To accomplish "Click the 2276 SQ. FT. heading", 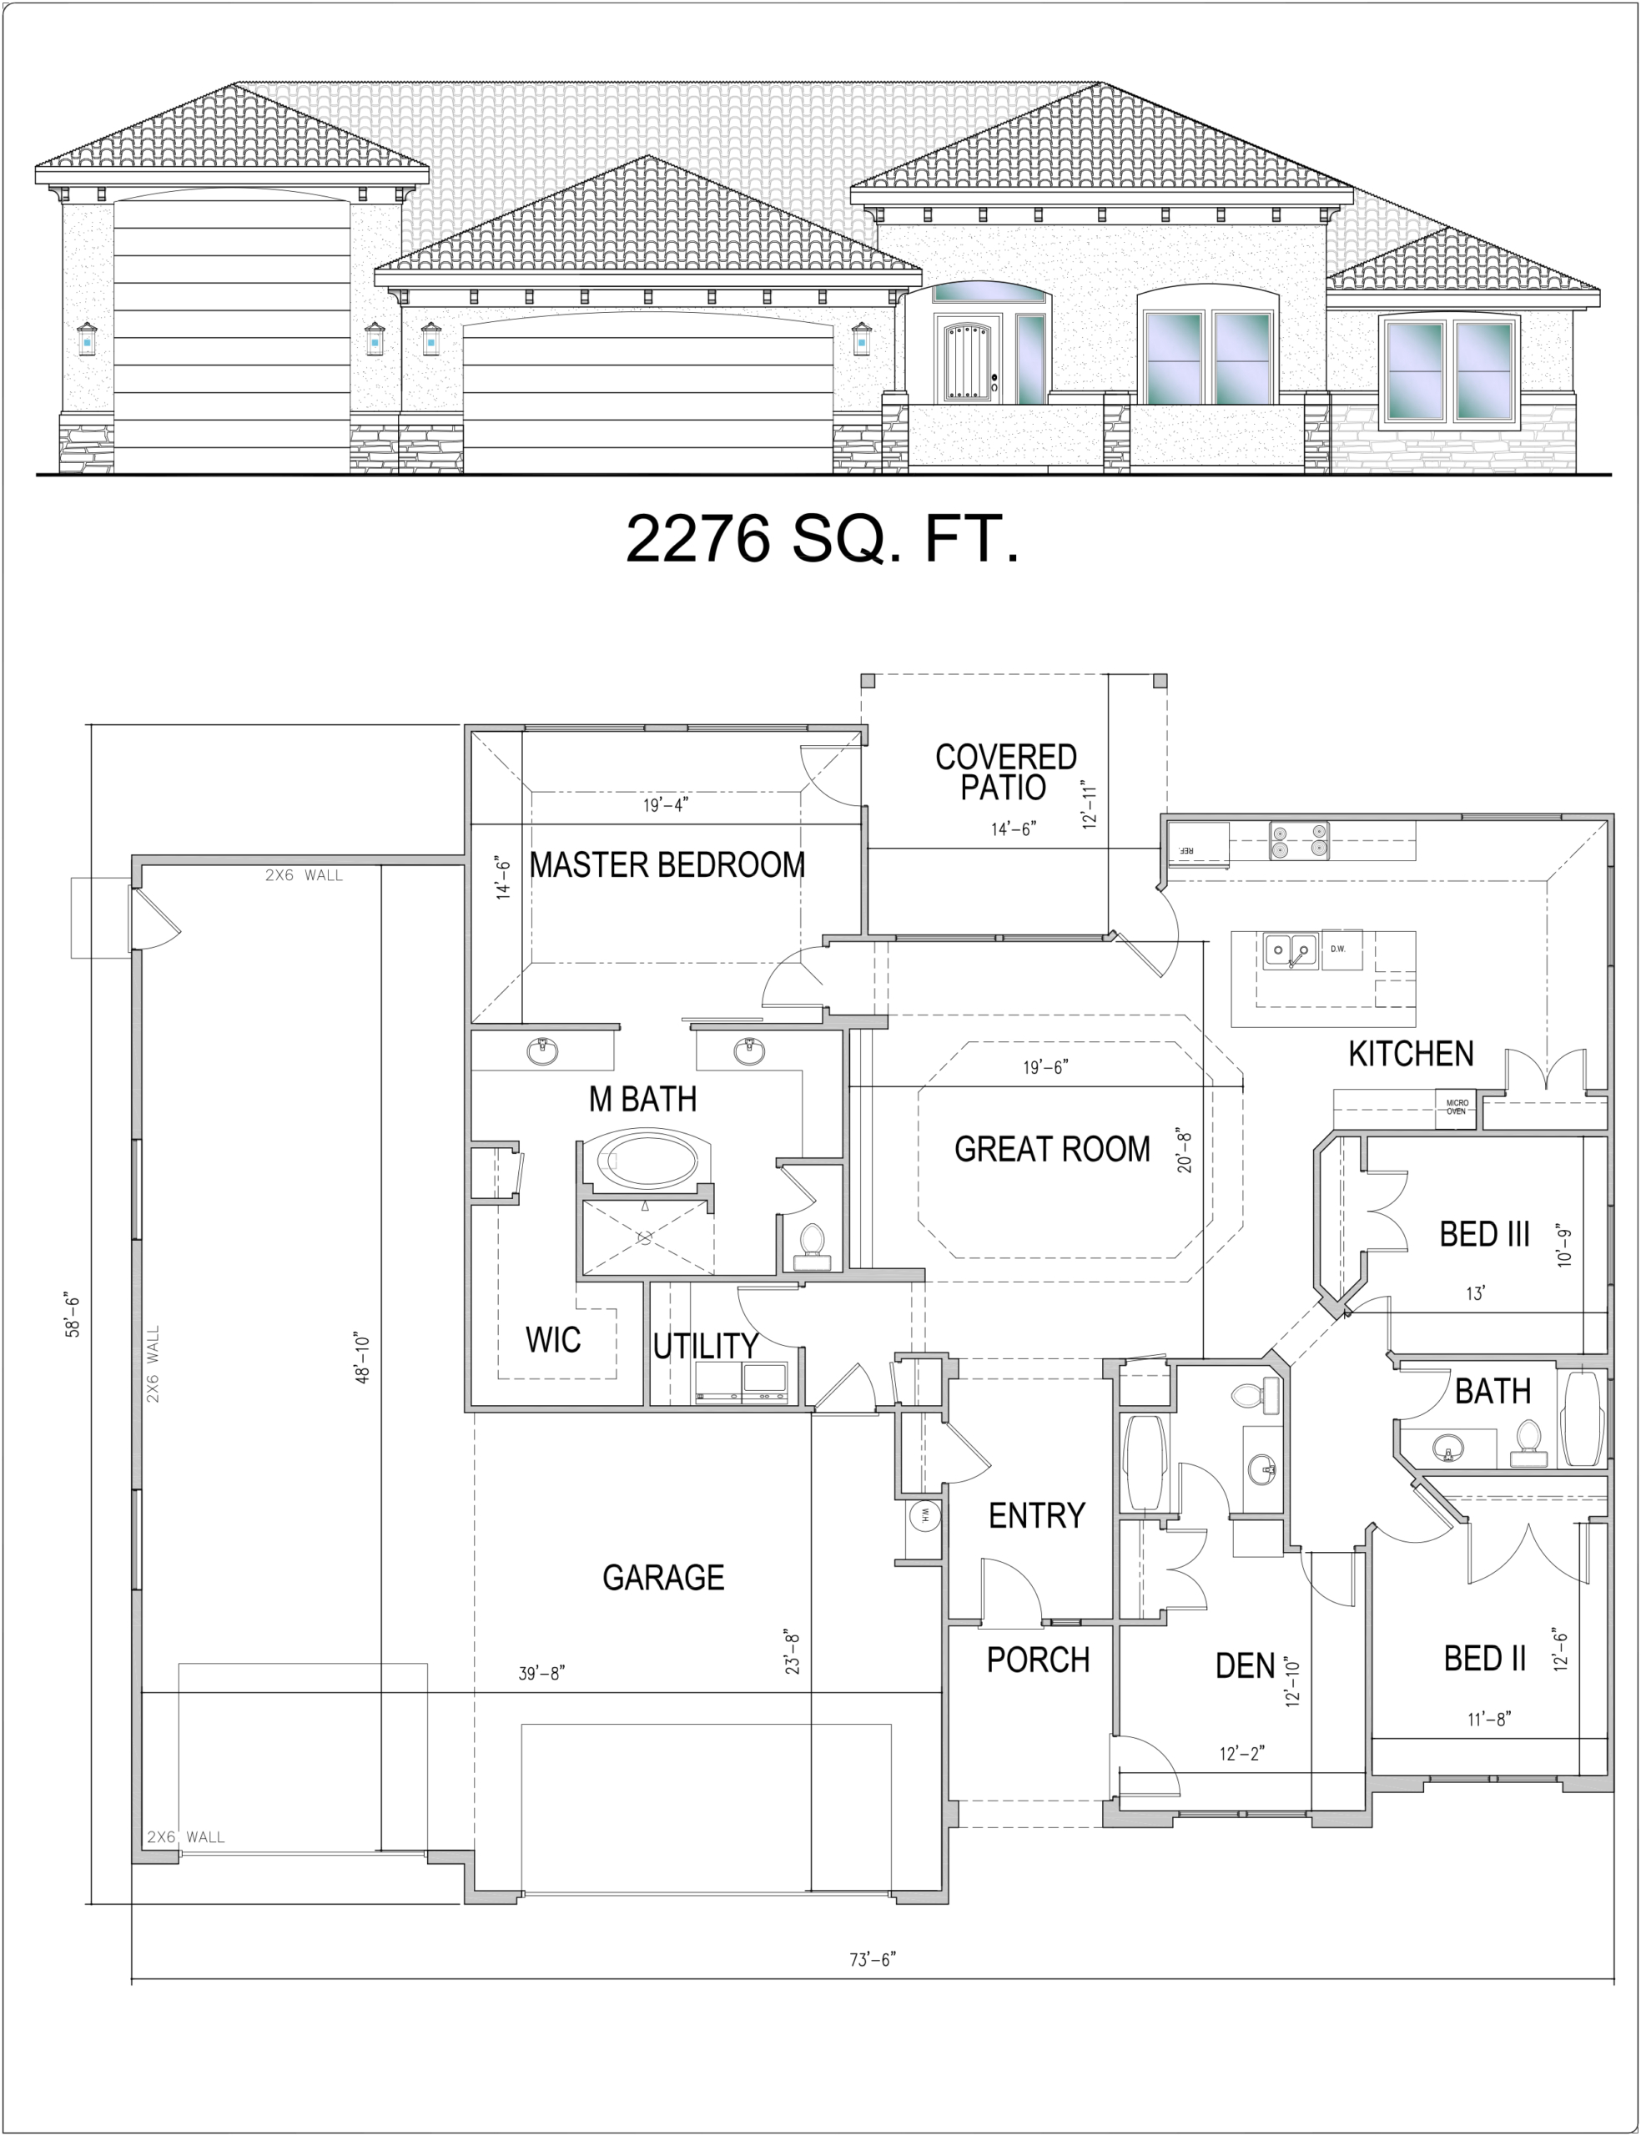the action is [823, 538].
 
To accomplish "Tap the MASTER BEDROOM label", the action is [667, 864].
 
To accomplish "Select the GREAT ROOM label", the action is [1052, 1149].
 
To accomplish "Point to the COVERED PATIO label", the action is [1005, 772].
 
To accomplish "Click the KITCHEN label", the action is [1411, 1054].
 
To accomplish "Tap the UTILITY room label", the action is [705, 1347].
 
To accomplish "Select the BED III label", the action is [1483, 1235].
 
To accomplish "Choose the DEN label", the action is [1245, 1665].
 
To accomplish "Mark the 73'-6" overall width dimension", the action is [873, 1959].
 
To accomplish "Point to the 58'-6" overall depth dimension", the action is [73, 1316].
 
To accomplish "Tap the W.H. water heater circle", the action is [923, 1516].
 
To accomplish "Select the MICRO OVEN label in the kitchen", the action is [1457, 1107].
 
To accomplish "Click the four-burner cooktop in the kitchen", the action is [1298, 841].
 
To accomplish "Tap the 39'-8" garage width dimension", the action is [541, 1673].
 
